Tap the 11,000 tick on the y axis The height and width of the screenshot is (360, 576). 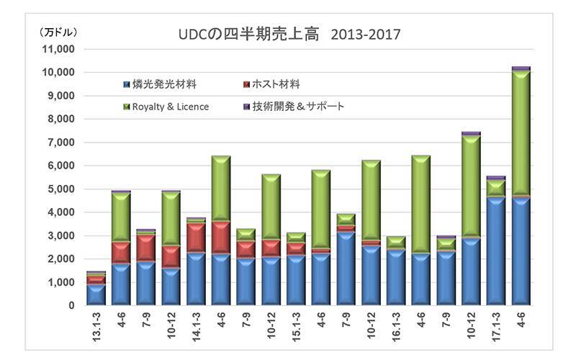point(60,50)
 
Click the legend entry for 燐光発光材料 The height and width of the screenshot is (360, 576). point(163,84)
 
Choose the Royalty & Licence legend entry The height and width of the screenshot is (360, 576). point(171,107)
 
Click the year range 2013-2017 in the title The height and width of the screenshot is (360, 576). point(365,34)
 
